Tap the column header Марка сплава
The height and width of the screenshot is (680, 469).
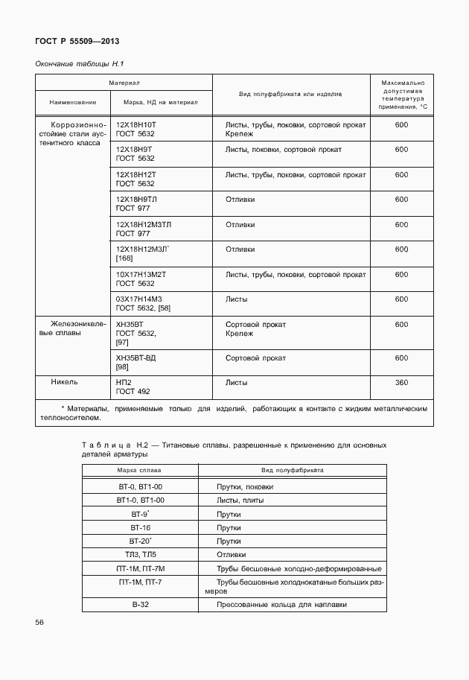coord(139,471)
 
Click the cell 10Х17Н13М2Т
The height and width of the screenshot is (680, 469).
coord(141,274)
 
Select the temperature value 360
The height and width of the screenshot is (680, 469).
coord(401,383)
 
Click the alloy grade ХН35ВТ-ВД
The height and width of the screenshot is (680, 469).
coord(136,358)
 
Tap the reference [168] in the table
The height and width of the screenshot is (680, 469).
coord(124,258)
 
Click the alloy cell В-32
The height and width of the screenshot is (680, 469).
coord(140,605)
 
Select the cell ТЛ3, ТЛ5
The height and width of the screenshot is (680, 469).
coord(140,555)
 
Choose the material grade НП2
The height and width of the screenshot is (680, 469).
coord(124,383)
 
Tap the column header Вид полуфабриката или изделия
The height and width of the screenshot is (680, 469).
coord(290,95)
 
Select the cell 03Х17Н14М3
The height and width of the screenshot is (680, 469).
coord(139,299)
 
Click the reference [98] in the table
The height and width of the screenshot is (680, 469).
coord(123,367)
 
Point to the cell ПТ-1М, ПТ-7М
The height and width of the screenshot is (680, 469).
coord(140,568)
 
